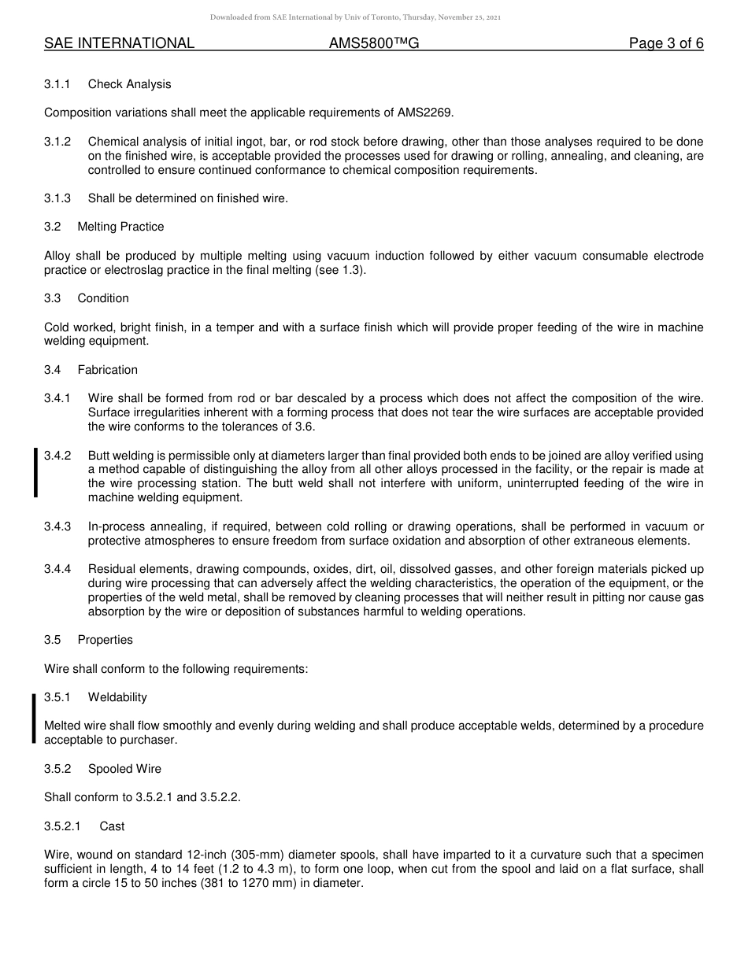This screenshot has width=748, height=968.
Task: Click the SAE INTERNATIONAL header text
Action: [119, 43]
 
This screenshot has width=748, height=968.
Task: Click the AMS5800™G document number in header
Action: [374, 43]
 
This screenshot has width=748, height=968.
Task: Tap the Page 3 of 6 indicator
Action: [666, 43]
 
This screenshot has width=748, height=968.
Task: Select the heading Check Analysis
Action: [129, 84]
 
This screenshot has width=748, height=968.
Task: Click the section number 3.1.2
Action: [57, 142]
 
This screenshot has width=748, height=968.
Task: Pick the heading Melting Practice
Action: [120, 227]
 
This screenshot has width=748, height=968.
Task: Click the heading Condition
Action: [103, 298]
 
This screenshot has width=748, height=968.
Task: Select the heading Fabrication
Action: [107, 370]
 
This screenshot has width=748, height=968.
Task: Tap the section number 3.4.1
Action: [57, 398]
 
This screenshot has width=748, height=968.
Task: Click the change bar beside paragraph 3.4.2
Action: [35, 472]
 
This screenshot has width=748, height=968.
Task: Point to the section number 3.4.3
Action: [57, 526]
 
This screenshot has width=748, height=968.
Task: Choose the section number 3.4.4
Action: [57, 569]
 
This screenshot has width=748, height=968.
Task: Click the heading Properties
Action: [105, 640]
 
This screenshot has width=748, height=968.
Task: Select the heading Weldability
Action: [117, 697]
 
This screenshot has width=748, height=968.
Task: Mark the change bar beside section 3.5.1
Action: [34, 719]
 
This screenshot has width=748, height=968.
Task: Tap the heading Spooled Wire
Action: [124, 769]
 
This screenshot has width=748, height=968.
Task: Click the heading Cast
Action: [112, 826]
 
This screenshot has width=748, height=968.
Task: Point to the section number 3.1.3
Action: [57, 198]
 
